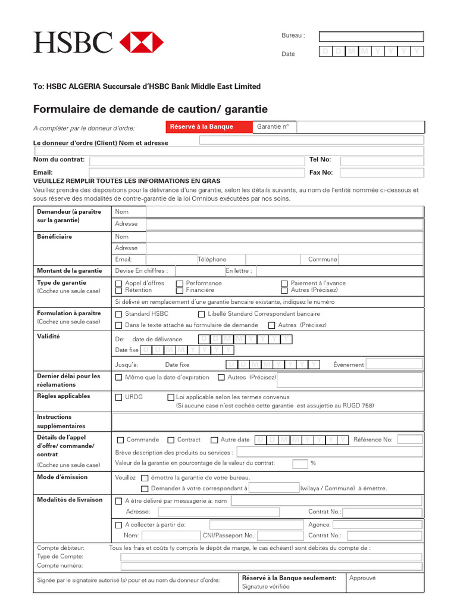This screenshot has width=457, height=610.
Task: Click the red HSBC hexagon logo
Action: pyautogui.click(x=142, y=42)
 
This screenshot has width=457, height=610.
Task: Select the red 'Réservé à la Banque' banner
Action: pyautogui.click(x=202, y=127)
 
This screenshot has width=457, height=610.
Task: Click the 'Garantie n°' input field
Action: pyautogui.click(x=360, y=127)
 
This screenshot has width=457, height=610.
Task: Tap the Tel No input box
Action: pyautogui.click(x=381, y=160)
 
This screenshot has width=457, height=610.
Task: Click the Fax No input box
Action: pyautogui.click(x=381, y=173)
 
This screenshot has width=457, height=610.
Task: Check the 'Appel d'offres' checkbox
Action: pyautogui.click(x=119, y=284)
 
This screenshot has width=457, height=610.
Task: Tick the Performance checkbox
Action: pyautogui.click(x=180, y=284)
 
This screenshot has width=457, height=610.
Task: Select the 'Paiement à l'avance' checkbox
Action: pyautogui.click(x=284, y=284)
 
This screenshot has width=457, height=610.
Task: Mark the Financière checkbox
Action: pyautogui.click(x=180, y=291)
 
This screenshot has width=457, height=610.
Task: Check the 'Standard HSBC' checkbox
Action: pyautogui.click(x=119, y=314)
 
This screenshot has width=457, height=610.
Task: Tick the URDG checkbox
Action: pyautogui.click(x=119, y=397)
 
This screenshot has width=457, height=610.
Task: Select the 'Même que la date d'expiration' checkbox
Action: pyautogui.click(x=119, y=378)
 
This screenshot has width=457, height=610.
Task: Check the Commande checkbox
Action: pyautogui.click(x=121, y=440)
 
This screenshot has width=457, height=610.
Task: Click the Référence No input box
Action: pyautogui.click(x=409, y=440)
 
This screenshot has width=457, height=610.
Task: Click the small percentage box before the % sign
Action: pyautogui.click(x=300, y=463)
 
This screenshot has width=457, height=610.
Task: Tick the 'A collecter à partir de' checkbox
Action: pyautogui.click(x=118, y=525)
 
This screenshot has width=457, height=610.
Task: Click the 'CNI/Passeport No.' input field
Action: pyautogui.click(x=281, y=536)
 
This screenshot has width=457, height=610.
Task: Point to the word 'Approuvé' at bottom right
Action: pyautogui.click(x=362, y=578)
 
